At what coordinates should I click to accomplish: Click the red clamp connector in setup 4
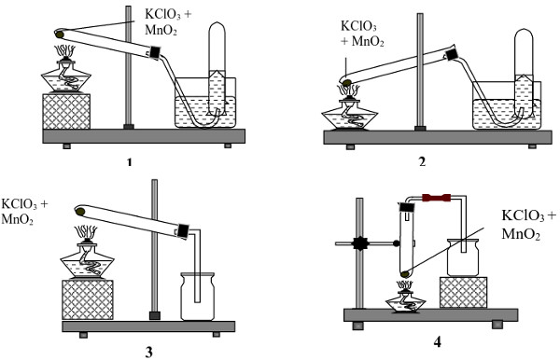(x=435, y=198)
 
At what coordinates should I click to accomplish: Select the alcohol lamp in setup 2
(x=351, y=112)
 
